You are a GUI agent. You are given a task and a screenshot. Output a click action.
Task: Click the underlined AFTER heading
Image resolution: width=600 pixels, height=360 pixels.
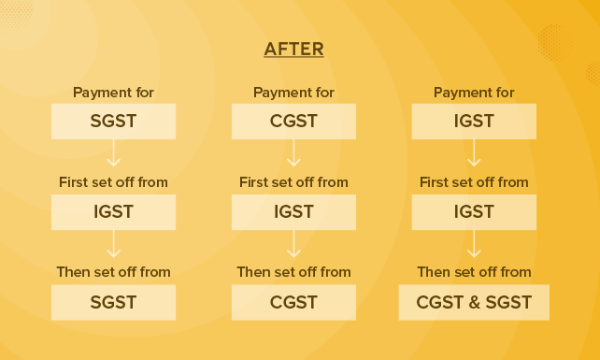293,50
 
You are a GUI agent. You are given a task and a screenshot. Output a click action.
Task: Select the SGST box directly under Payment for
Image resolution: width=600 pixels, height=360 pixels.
113,121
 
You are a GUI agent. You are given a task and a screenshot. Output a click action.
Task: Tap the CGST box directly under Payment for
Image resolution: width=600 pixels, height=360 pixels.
293,121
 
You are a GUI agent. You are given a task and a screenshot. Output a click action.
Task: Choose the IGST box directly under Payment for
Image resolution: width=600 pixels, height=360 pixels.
474,121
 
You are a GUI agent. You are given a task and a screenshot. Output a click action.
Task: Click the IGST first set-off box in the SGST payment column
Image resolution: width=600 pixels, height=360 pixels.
113,211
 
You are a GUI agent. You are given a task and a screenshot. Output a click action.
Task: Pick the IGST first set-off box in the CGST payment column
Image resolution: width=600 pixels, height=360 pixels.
293,211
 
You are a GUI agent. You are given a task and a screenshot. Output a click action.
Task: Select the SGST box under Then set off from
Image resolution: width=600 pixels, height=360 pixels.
113,302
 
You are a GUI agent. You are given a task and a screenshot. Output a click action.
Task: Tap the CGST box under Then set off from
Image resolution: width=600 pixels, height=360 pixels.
293,302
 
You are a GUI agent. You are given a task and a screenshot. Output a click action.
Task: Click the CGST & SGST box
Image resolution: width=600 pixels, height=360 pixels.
474,302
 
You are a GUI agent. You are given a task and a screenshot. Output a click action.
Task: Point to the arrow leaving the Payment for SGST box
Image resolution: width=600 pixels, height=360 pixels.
113,153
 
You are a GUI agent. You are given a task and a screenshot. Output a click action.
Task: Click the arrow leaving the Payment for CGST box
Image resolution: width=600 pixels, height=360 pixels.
293,153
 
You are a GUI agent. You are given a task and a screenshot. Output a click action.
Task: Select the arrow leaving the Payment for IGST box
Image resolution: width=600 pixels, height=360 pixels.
474,153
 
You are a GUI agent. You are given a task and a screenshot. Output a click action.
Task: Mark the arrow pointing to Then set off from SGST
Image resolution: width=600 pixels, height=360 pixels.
113,244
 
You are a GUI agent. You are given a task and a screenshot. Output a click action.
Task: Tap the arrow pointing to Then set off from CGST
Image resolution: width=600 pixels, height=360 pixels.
293,244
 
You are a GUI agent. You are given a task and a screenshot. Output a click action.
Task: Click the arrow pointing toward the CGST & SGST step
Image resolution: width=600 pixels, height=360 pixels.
474,244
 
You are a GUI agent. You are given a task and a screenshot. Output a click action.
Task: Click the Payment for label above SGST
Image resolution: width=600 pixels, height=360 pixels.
113,93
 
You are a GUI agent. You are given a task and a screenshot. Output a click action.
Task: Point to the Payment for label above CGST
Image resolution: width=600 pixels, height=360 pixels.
293,93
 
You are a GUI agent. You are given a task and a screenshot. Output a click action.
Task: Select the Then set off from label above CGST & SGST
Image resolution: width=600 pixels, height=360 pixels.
474,272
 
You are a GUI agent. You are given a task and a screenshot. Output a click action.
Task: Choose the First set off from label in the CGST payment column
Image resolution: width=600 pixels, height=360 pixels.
293,182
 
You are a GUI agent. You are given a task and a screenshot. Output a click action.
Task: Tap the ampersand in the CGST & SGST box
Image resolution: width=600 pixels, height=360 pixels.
474,303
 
